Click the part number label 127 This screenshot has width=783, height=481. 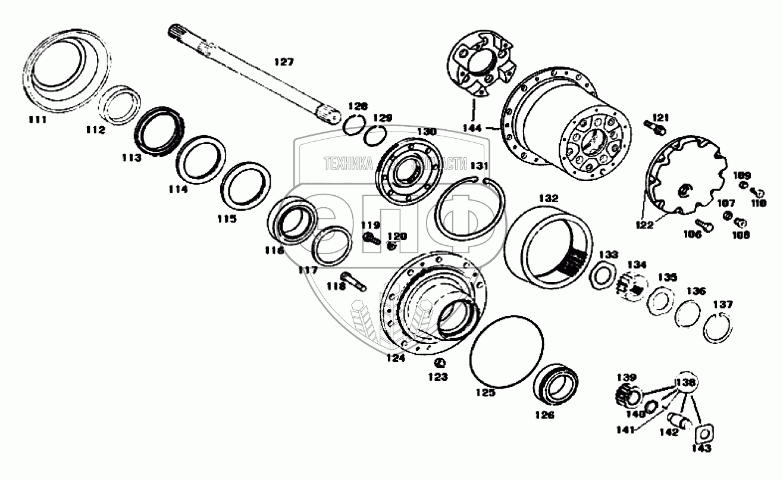284,61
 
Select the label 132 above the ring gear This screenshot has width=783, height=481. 549,197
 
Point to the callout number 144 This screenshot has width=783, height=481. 474,127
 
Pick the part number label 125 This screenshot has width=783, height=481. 486,392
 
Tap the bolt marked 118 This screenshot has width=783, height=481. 353,279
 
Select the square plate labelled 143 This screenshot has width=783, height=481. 703,432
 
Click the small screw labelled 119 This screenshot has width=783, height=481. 369,239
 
